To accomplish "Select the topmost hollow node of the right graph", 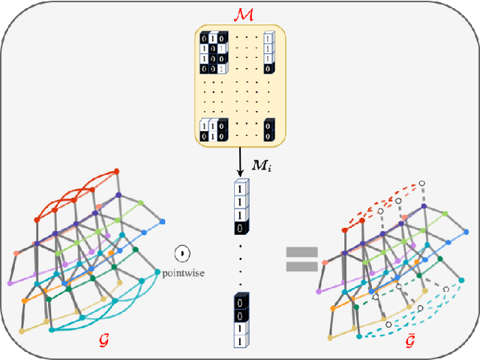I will [422, 182].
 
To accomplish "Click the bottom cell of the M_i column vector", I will [241, 340].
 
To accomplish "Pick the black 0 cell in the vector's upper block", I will [241, 227].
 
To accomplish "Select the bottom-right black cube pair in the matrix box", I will [269, 132].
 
